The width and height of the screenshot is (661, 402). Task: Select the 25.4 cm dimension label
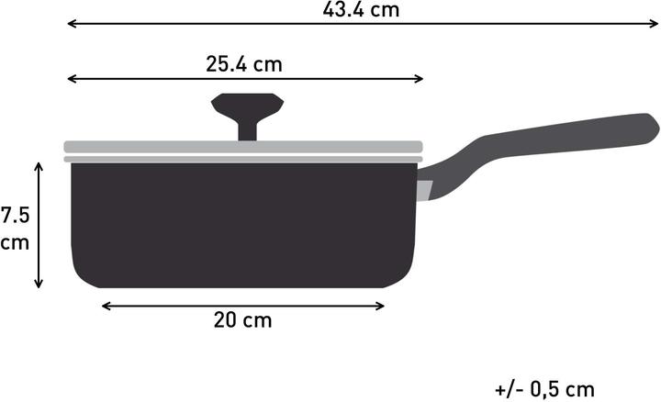pyautogui.click(x=243, y=64)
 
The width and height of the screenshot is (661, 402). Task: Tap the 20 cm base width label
pyautogui.click(x=242, y=320)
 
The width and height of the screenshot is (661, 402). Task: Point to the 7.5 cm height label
pyautogui.click(x=16, y=229)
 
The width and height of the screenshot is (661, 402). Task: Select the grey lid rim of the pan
pyautogui.click(x=242, y=147)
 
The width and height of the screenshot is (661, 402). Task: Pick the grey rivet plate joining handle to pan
pyautogui.click(x=424, y=191)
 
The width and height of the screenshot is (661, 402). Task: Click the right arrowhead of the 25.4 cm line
pyautogui.click(x=419, y=80)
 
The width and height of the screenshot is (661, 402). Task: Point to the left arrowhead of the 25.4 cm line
pyautogui.click(x=70, y=80)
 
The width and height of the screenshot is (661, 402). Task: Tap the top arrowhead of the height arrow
pyautogui.click(x=39, y=165)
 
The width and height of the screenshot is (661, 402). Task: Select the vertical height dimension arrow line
pyautogui.click(x=39, y=225)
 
